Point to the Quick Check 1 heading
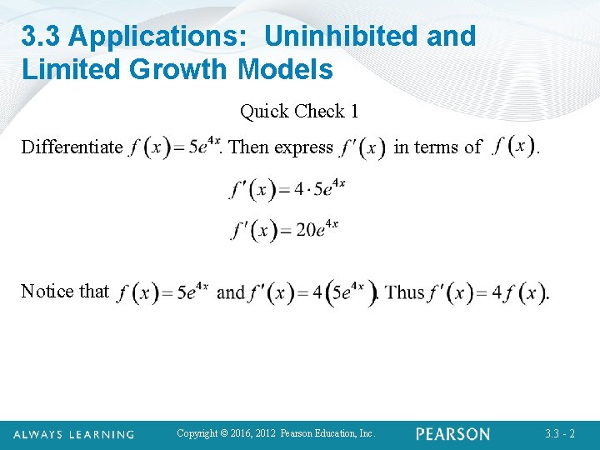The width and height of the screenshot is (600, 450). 299,111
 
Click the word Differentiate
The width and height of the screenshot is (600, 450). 72,147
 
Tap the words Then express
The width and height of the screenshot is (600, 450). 281,147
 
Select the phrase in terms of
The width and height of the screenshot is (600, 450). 437,147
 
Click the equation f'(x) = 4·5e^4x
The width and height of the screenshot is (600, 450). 287,187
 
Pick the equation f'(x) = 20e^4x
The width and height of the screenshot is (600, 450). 285,228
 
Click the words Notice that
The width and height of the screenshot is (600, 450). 65,291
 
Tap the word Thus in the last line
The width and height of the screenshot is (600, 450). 406,292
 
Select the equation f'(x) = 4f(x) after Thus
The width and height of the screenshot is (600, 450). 487,292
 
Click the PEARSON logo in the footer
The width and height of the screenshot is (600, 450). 453,434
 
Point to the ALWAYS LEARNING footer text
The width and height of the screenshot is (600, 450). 73,434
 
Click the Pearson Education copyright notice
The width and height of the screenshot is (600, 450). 277,433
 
